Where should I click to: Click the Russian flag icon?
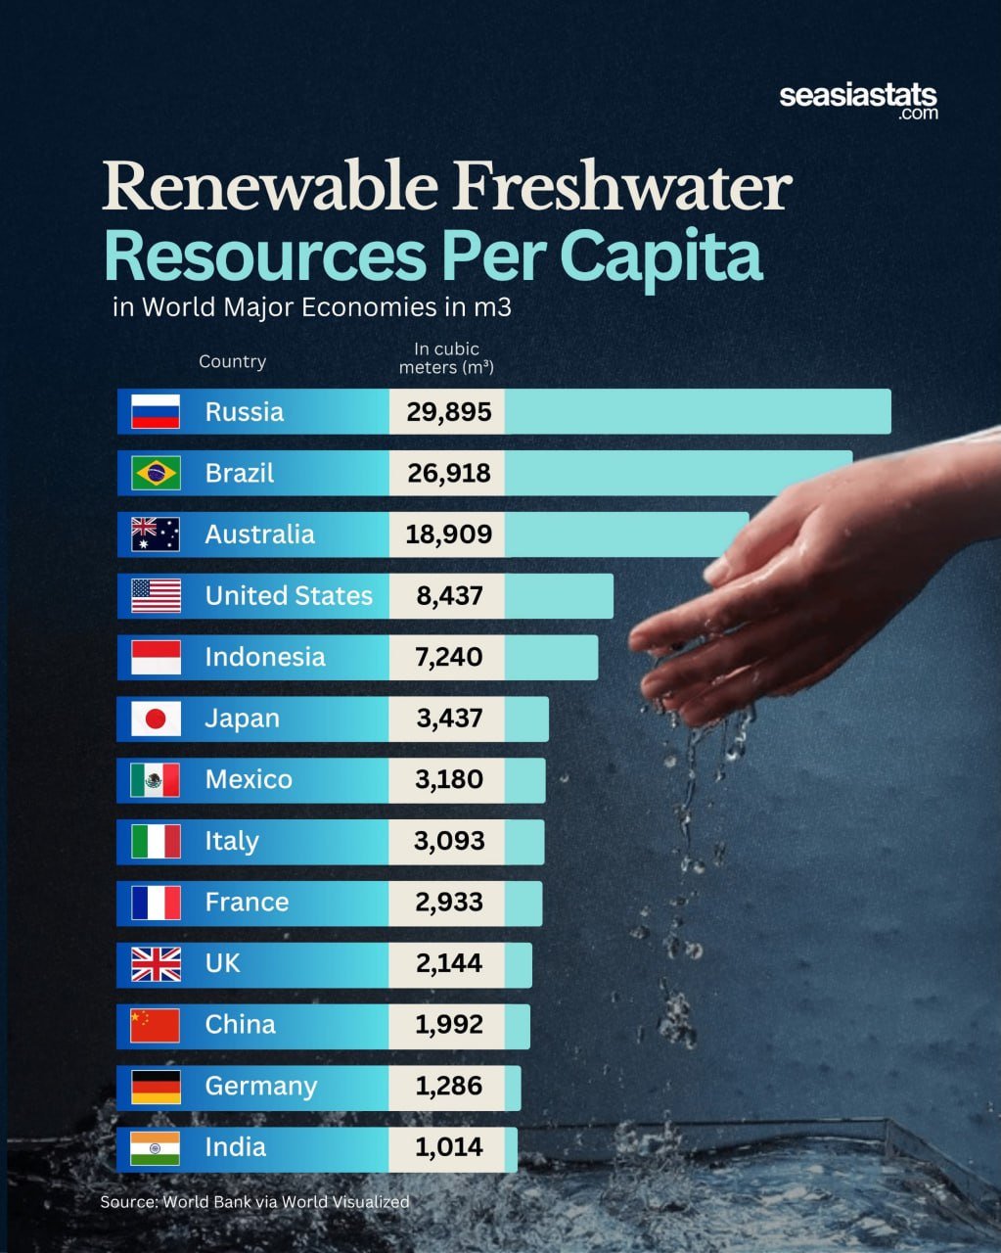point(156,411)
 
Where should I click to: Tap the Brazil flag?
point(156,473)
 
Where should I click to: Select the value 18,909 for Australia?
point(449,534)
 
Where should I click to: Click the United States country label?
point(289,595)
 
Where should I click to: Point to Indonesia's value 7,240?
point(449,657)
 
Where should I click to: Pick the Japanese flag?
point(156,719)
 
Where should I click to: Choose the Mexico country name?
point(249,779)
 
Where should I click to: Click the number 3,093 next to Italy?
point(449,841)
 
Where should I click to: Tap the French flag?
point(156,903)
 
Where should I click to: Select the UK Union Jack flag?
point(156,964)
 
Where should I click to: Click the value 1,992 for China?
point(449,1025)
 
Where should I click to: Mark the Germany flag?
point(156,1087)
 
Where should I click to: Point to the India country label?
point(235,1147)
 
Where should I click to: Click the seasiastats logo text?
point(858,100)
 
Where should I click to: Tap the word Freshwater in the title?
point(622,186)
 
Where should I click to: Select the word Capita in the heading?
point(661,257)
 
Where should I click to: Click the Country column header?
point(232,361)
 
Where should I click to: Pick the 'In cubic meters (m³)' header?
point(446,358)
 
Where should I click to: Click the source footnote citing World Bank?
point(254,1202)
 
